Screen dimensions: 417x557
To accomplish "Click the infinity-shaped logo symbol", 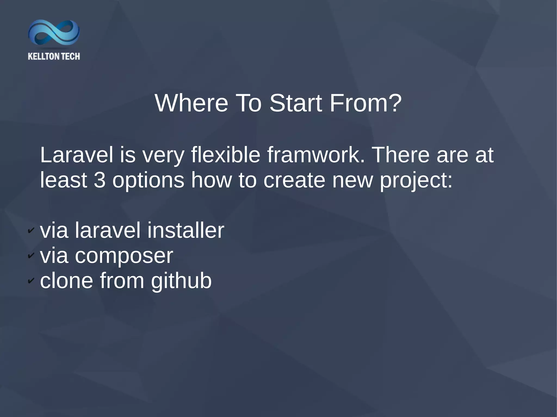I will click(x=54, y=33).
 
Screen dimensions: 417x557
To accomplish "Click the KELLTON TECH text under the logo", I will click(x=54, y=57).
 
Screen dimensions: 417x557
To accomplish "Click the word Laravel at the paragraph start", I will click(x=76, y=155).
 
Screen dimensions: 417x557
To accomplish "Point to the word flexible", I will click(x=225, y=155).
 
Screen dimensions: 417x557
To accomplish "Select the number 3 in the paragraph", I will click(x=100, y=180).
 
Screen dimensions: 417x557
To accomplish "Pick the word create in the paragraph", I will click(x=294, y=180).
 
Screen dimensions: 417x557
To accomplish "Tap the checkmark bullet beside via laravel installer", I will click(x=31, y=231).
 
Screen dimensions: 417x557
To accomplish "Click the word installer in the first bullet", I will click(x=186, y=230).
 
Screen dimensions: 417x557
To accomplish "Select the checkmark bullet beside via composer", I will click(x=31, y=255).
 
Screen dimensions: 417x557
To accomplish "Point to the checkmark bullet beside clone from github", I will click(x=31, y=280).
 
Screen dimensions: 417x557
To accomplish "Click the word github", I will click(x=181, y=281).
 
